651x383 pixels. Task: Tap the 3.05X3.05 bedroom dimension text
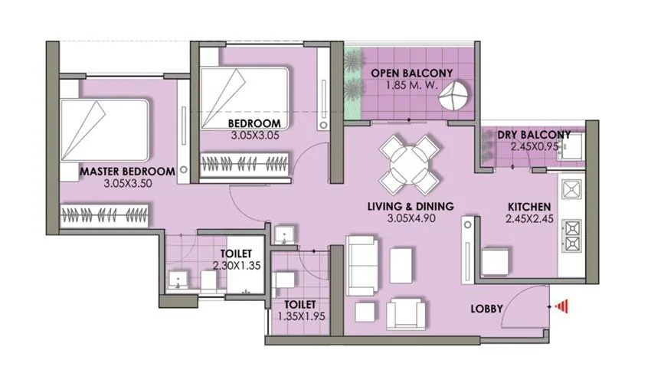click(254, 136)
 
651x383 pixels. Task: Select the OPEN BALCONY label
click(412, 74)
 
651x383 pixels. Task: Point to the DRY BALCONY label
click(534, 136)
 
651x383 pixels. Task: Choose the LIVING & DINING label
click(411, 206)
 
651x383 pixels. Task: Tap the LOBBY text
click(487, 309)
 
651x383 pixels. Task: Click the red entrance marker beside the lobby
click(564, 306)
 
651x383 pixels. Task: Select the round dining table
click(411, 164)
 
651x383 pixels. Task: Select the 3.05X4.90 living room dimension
click(411, 219)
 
